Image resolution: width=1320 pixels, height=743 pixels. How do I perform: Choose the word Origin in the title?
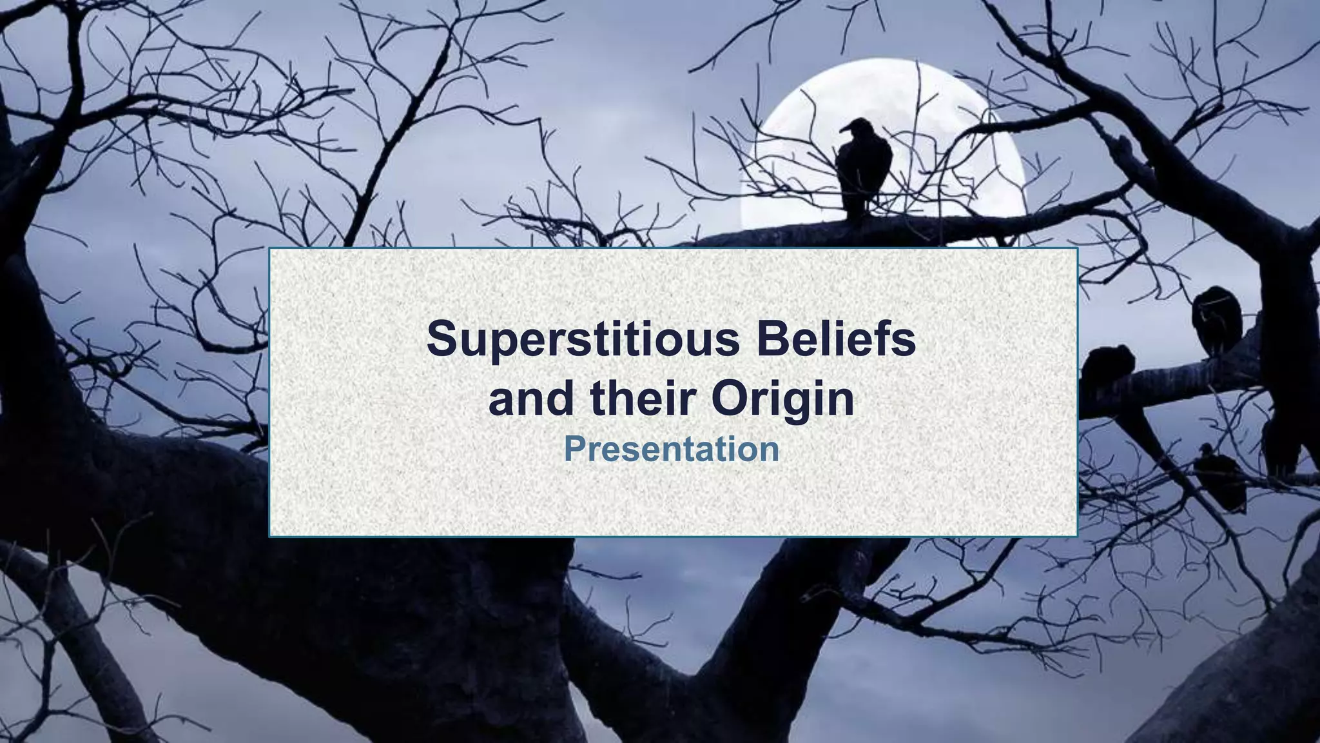[783, 400]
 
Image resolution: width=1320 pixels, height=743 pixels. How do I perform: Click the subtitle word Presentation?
[671, 449]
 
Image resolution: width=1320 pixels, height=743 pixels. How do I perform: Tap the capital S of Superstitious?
[442, 339]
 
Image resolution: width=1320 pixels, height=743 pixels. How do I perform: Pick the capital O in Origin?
[732, 399]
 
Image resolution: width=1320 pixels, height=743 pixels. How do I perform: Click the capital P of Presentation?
[574, 449]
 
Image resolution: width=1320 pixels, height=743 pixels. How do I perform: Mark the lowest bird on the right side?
[1219, 479]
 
